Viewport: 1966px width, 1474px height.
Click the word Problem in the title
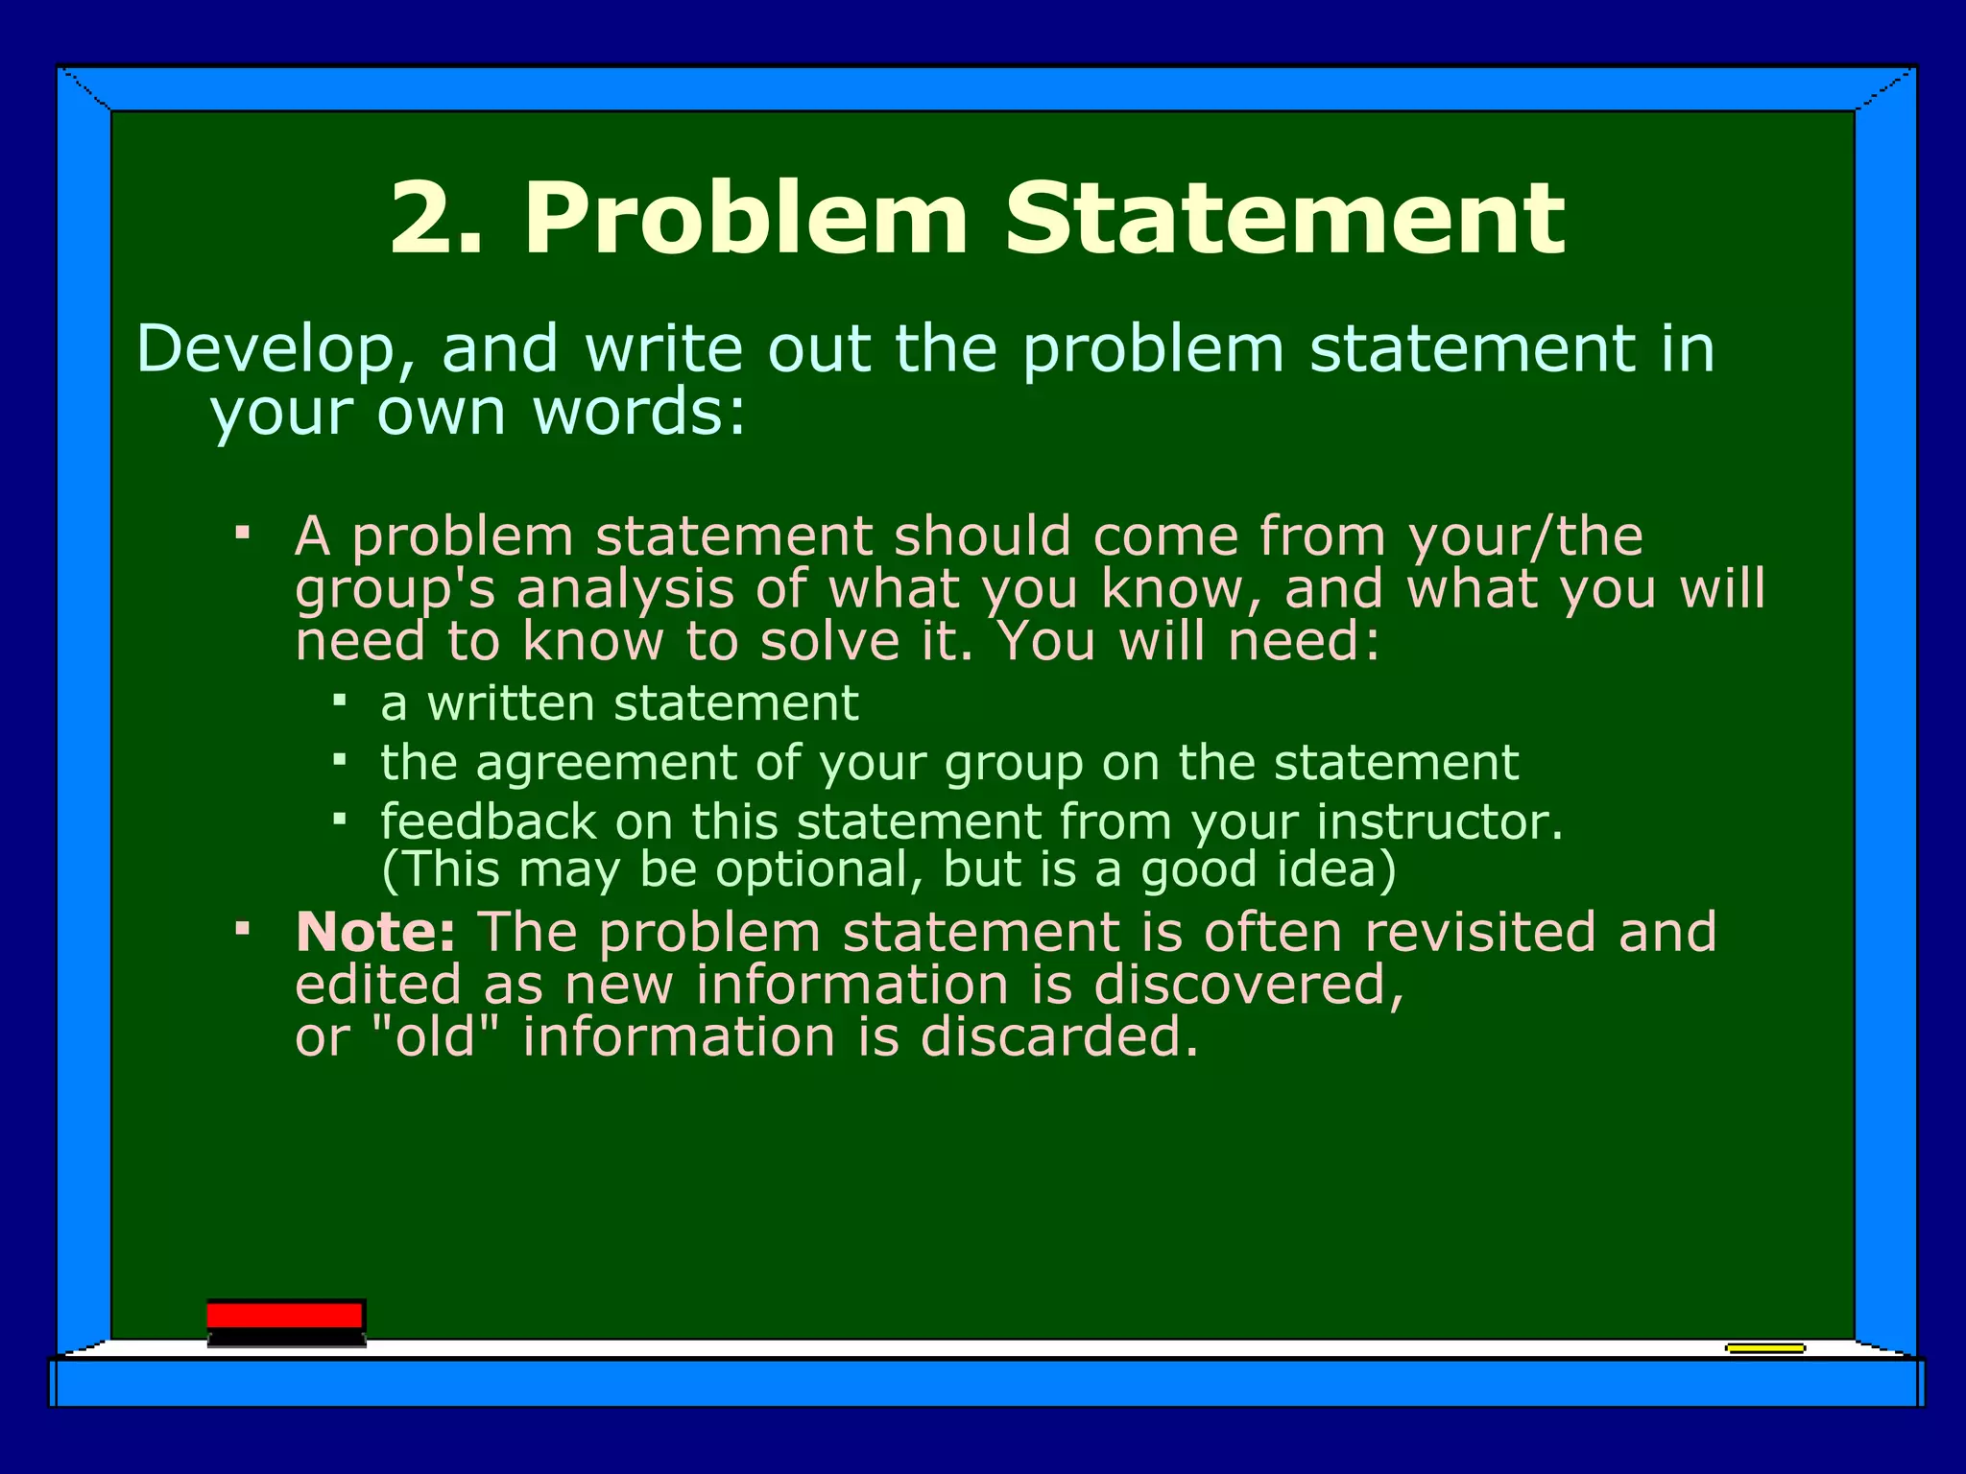click(745, 220)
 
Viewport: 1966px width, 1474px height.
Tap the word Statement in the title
click(1284, 220)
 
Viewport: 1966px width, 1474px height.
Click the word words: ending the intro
click(639, 414)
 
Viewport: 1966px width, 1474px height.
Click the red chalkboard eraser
click(286, 1321)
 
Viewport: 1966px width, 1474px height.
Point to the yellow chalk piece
click(1764, 1348)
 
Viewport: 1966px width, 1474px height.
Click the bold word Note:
click(375, 932)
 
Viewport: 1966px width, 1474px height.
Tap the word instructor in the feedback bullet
click(1439, 822)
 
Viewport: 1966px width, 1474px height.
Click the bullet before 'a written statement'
click(339, 701)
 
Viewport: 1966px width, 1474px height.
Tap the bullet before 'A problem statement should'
click(243, 531)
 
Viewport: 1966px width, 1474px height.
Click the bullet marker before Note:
click(243, 929)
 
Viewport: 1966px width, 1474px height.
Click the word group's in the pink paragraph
click(395, 590)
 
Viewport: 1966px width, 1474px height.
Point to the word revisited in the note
click(1479, 932)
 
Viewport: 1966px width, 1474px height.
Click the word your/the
click(1525, 536)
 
